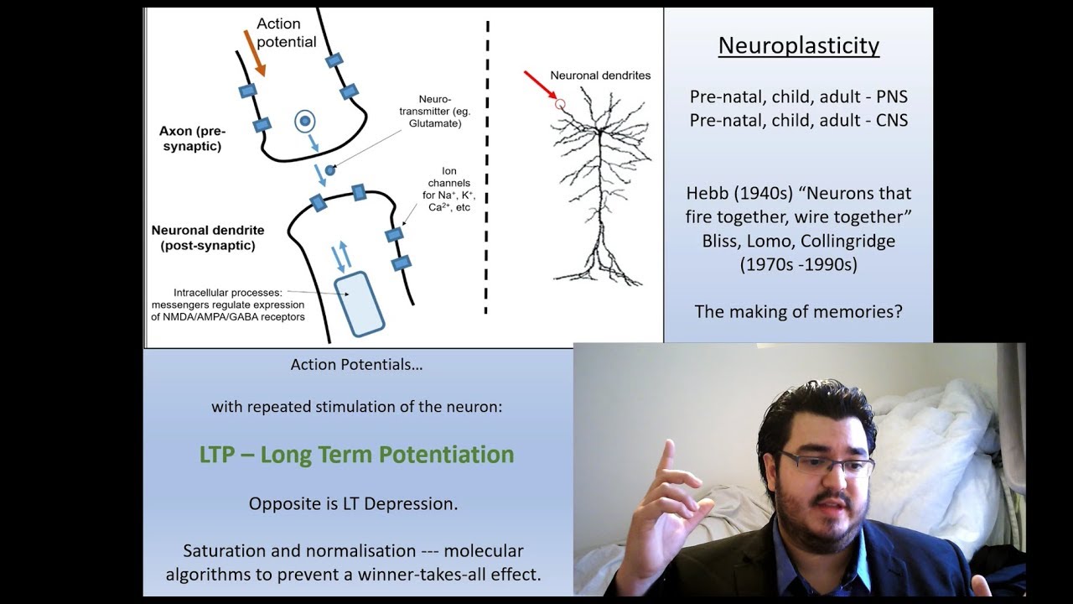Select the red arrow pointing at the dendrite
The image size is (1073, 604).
tap(540, 86)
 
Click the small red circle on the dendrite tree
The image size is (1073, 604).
tap(560, 104)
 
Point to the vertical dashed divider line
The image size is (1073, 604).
tap(487, 168)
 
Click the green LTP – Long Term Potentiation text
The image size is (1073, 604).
tap(356, 455)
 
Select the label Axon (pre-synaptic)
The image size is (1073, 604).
tap(192, 138)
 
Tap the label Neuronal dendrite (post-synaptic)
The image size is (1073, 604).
tap(207, 237)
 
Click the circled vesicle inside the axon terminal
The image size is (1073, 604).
tap(305, 122)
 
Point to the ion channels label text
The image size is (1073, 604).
tap(448, 189)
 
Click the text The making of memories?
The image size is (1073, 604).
tap(798, 311)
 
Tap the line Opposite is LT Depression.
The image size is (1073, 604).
tap(353, 504)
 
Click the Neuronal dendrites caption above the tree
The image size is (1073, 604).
tap(600, 75)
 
